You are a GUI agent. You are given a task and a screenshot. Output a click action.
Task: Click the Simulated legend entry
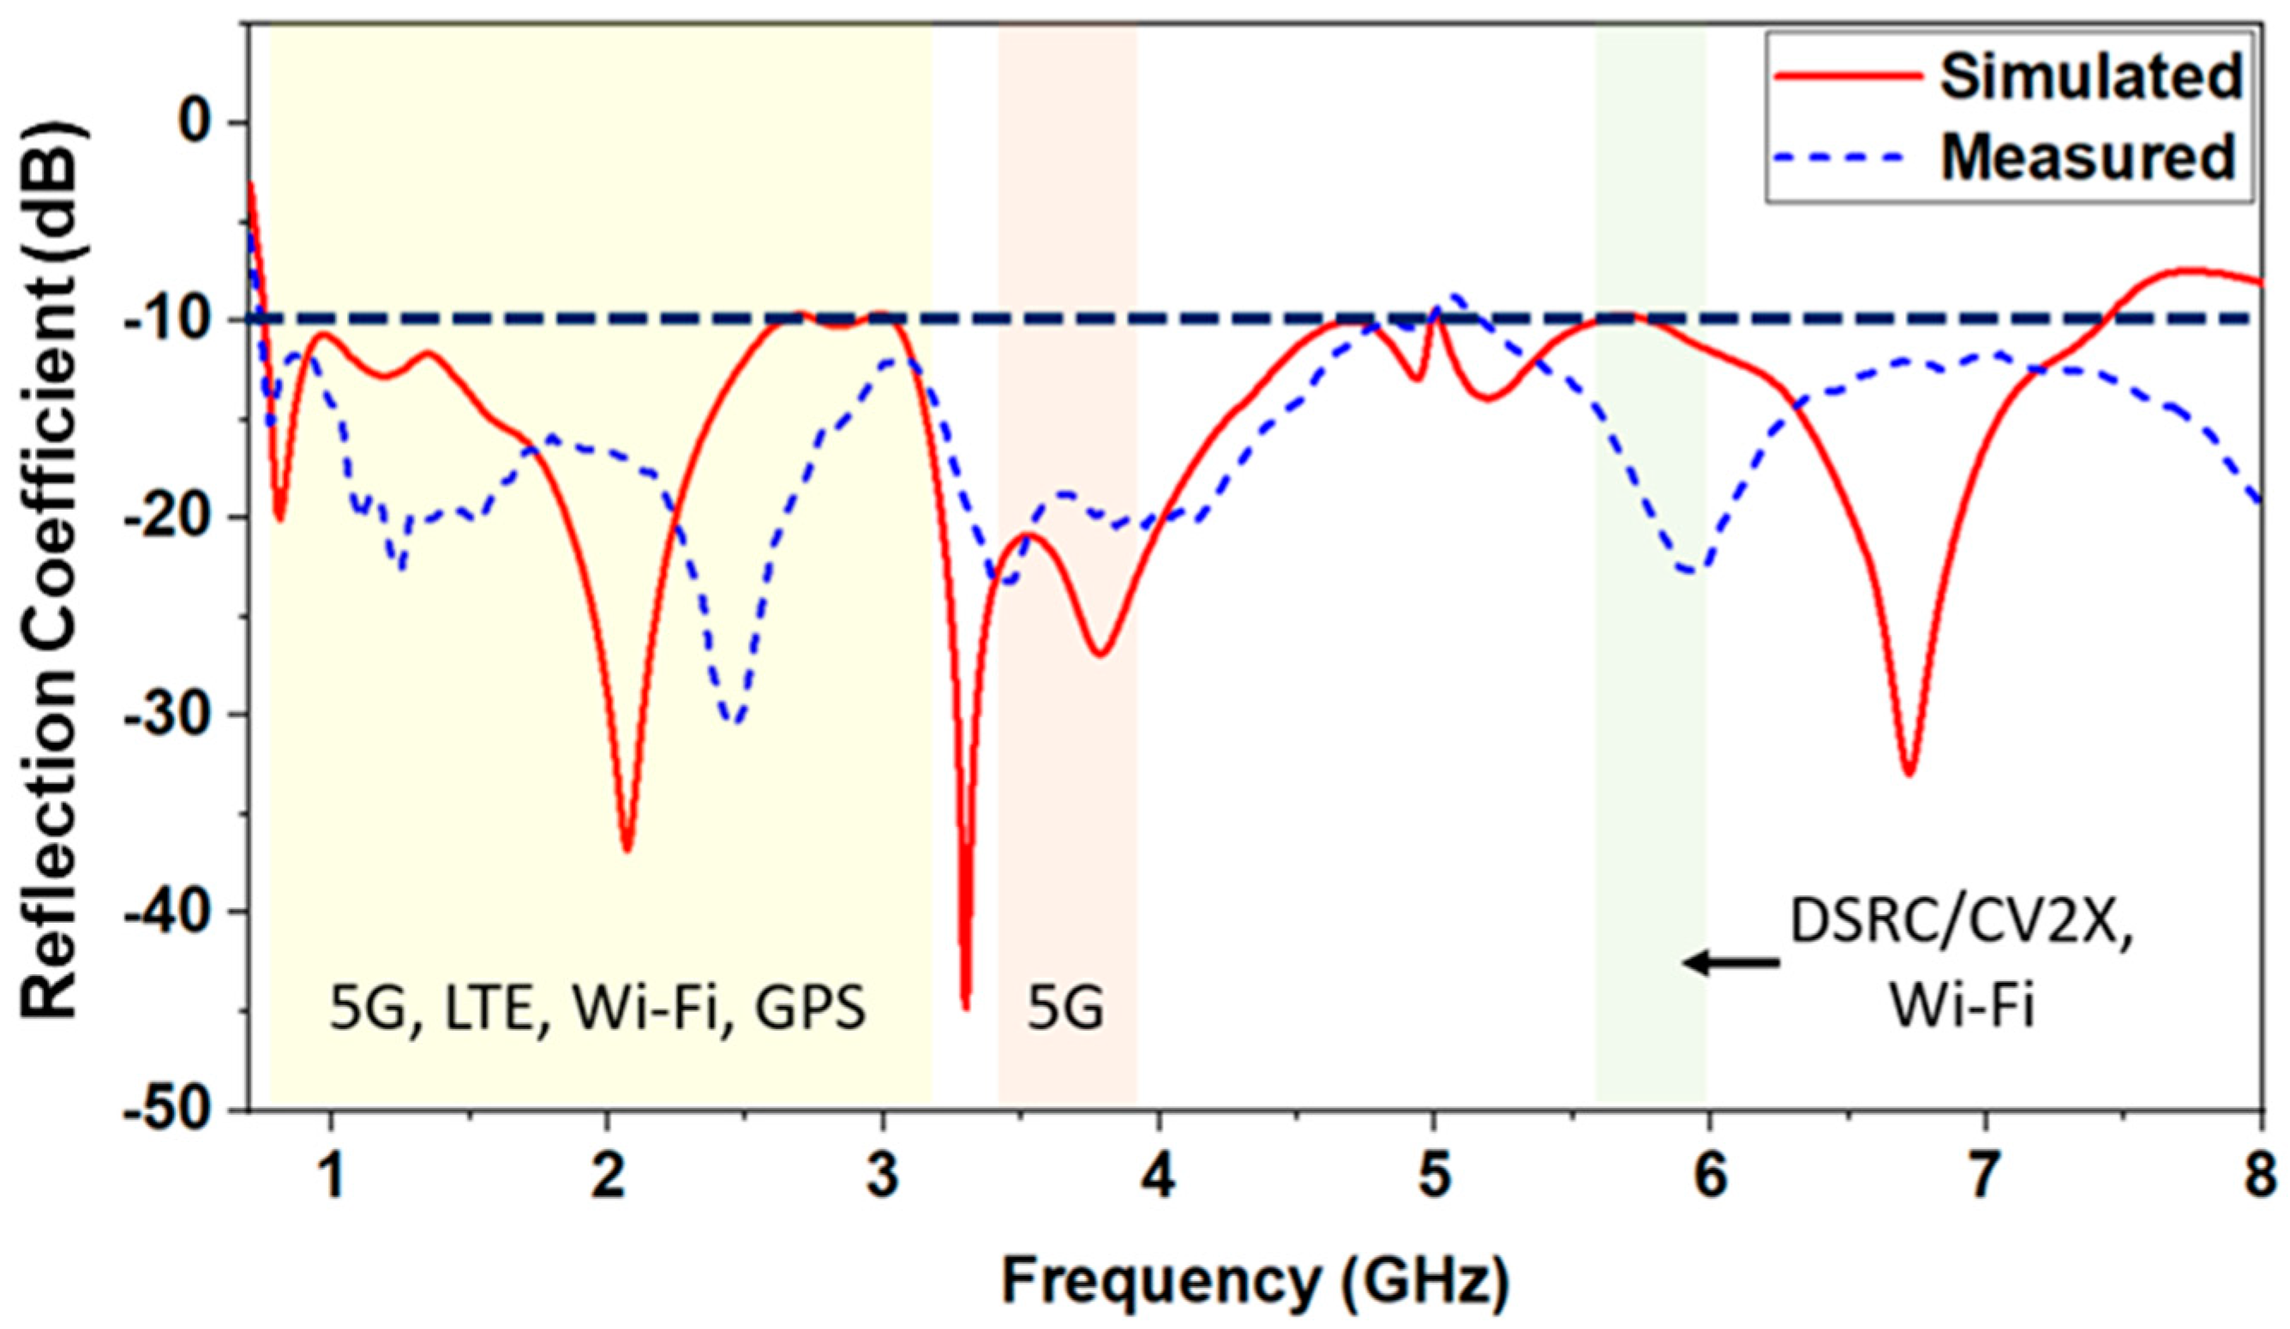click(x=2090, y=78)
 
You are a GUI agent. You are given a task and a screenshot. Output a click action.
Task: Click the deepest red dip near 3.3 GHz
click(x=966, y=1007)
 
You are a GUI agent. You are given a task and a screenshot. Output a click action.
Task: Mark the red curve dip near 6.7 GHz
click(x=1909, y=773)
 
